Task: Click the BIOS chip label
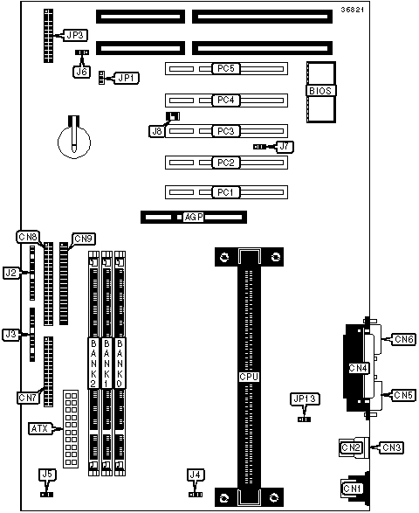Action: pyautogui.click(x=320, y=91)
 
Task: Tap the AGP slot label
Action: pyautogui.click(x=194, y=217)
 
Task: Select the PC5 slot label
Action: pyautogui.click(x=226, y=68)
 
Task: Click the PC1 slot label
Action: pyautogui.click(x=226, y=192)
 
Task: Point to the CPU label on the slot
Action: pyautogui.click(x=249, y=377)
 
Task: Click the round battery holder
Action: pyautogui.click(x=74, y=142)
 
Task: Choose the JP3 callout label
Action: pyautogui.click(x=75, y=35)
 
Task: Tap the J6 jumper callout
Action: pyautogui.click(x=81, y=72)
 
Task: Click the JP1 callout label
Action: pyautogui.click(x=126, y=78)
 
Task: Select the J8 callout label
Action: pyautogui.click(x=157, y=131)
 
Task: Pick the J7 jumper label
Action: pyautogui.click(x=285, y=147)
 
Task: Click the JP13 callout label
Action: pyautogui.click(x=305, y=399)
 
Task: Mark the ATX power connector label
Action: pyautogui.click(x=40, y=428)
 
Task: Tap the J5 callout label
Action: pyautogui.click(x=48, y=475)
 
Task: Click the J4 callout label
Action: pyautogui.click(x=196, y=475)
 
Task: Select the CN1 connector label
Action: pyautogui.click(x=352, y=489)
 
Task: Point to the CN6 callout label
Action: pyautogui.click(x=404, y=339)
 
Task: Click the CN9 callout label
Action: pyautogui.click(x=83, y=239)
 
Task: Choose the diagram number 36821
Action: pyautogui.click(x=353, y=10)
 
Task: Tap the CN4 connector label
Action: pyautogui.click(x=358, y=368)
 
